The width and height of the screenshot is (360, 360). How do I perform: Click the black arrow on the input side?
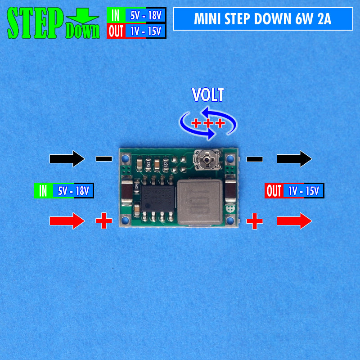tap(67, 158)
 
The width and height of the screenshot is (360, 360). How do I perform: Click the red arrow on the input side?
tap(67, 221)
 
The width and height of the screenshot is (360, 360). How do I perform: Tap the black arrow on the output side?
tap(294, 158)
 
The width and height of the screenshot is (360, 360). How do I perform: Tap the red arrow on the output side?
tap(294, 221)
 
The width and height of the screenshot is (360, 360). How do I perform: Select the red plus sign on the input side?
tap(104, 220)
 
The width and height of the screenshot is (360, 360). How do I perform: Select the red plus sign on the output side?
tap(255, 220)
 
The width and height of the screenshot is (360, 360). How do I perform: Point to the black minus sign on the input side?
tap(104, 159)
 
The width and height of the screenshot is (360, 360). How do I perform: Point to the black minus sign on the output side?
tap(255, 159)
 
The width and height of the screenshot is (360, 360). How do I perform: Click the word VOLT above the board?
tap(207, 95)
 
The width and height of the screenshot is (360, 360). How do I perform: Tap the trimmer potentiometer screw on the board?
tap(207, 159)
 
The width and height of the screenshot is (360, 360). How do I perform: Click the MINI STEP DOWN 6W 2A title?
tap(263, 19)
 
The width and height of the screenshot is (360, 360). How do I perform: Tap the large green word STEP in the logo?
tap(36, 22)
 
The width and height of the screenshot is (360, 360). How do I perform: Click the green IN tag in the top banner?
tap(116, 16)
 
